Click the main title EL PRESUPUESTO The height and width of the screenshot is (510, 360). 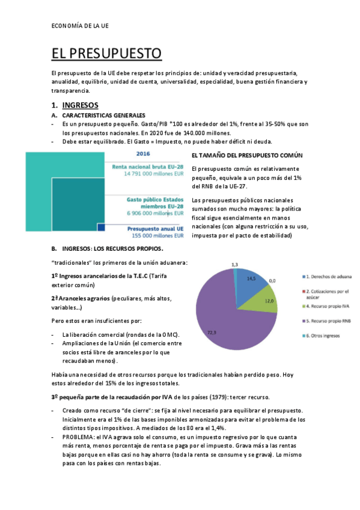tap(106, 54)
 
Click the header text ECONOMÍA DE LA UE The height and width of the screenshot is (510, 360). tap(81, 25)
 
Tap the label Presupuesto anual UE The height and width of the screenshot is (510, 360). tap(154, 229)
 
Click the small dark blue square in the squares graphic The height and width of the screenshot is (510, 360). tap(101, 227)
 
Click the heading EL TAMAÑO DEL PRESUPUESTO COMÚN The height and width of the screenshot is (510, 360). tap(246, 155)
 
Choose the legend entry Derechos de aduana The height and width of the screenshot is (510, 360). tap(328, 277)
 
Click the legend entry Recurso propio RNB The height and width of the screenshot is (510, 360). tap(329, 321)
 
